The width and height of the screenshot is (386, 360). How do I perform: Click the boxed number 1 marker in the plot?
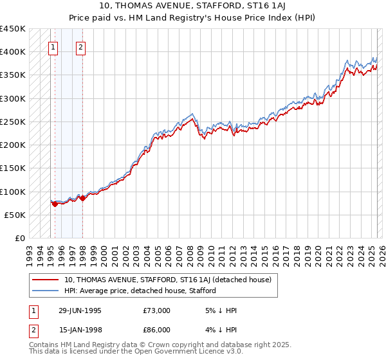(x=53, y=46)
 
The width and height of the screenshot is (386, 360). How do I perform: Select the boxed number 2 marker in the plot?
(x=80, y=46)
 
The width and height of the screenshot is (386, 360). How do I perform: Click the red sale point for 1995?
(x=55, y=204)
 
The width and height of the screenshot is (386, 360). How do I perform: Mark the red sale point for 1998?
(x=82, y=198)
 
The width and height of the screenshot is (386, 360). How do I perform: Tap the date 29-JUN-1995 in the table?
(x=80, y=310)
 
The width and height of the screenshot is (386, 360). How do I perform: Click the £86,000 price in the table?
(x=157, y=329)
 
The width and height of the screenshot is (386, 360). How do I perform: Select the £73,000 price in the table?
(x=157, y=310)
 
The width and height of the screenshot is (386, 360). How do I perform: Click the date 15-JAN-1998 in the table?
(x=80, y=329)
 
